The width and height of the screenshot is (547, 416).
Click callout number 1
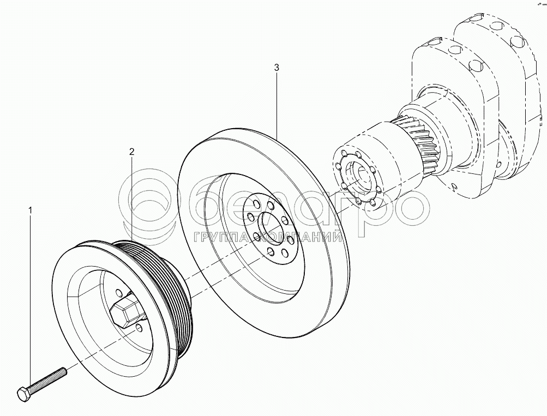(x=31, y=210)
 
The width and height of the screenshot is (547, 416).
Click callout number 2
(x=131, y=152)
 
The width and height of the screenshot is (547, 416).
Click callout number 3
(x=276, y=68)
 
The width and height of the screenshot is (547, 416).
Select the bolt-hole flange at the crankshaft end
(x=358, y=179)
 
